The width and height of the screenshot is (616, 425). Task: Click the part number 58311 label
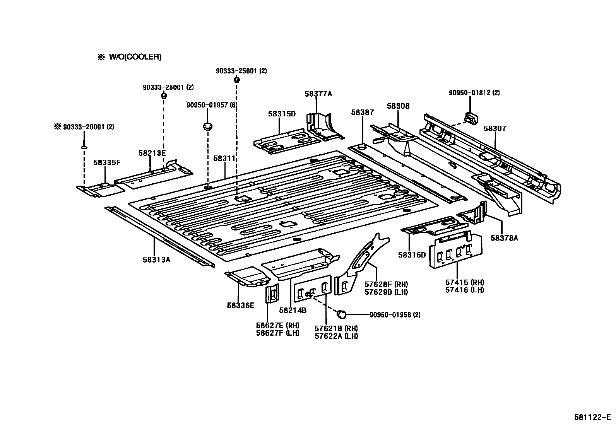coord(224,159)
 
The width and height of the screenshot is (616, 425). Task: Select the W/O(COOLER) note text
coord(134,57)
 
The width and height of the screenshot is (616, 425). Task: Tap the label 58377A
coord(318,94)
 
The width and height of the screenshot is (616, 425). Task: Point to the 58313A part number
coord(156,259)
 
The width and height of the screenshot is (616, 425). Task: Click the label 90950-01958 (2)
coord(395,315)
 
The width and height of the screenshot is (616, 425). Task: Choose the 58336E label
coord(241,306)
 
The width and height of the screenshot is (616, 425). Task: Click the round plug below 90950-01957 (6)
coord(208,126)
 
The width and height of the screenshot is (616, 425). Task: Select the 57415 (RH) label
coord(464,283)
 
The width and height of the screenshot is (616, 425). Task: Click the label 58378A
coord(504,238)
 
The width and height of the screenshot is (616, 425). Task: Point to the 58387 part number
coord(363,112)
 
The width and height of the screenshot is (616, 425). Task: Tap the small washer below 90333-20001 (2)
coord(84,147)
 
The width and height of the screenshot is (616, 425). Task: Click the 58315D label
coord(282,114)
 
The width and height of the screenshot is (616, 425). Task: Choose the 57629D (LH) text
coord(386,292)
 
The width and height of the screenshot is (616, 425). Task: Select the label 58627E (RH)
coord(277,325)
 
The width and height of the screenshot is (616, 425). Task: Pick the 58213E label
coord(152,153)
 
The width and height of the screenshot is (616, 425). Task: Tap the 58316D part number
coord(412,255)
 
